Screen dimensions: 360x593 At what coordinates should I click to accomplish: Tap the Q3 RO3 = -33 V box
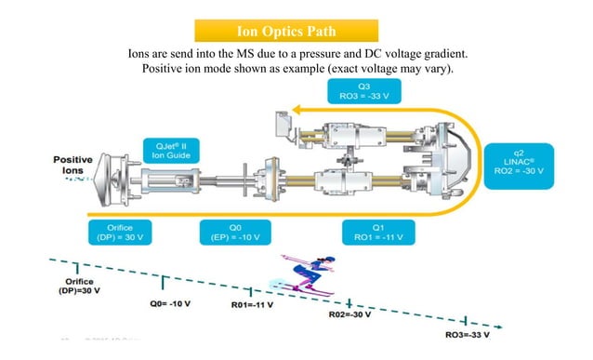362,91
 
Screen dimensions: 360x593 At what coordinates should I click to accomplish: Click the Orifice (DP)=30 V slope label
80,285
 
